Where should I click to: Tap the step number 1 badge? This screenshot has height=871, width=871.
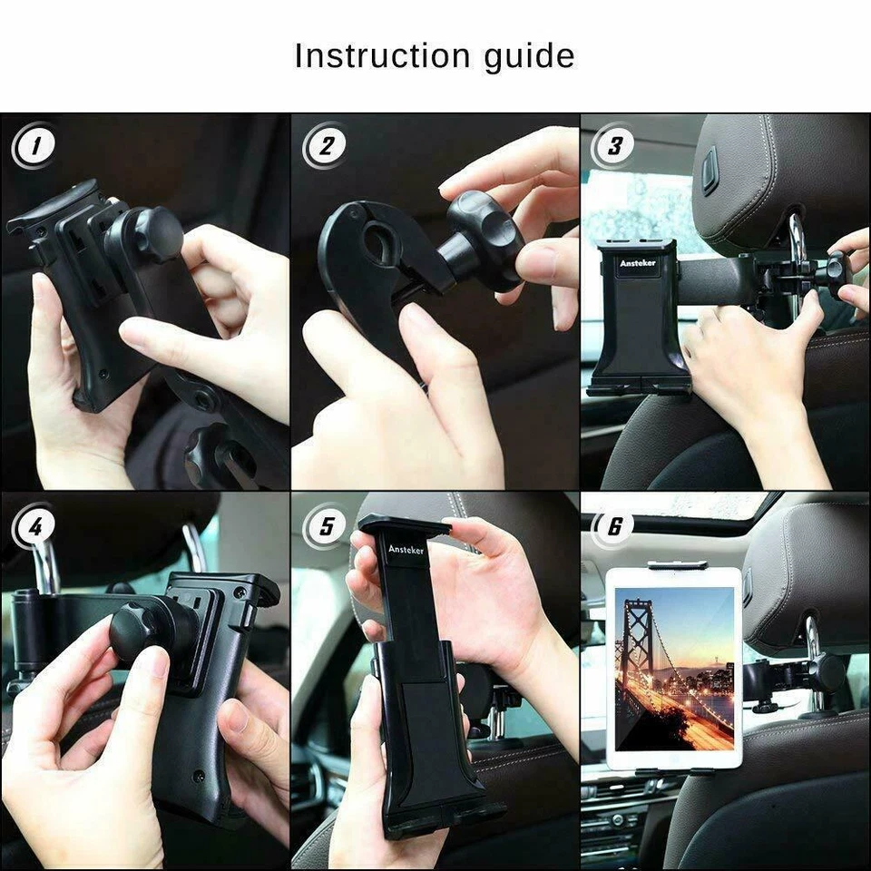click(34, 146)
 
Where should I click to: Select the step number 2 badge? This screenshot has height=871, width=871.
click(325, 146)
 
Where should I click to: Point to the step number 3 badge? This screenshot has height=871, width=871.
click(614, 146)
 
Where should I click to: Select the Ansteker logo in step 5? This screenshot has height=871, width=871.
click(406, 550)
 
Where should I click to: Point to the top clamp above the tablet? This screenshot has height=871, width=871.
click(676, 564)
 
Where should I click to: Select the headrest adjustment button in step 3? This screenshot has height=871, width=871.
click(709, 171)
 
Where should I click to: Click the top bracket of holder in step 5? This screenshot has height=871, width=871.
click(405, 525)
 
